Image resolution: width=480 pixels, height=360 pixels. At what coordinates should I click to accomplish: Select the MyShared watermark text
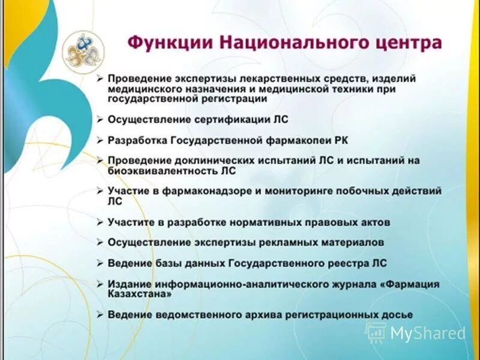pyautogui.click(x=427, y=333)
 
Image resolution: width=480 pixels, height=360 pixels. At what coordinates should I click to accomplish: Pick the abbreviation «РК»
pyautogui.click(x=340, y=140)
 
